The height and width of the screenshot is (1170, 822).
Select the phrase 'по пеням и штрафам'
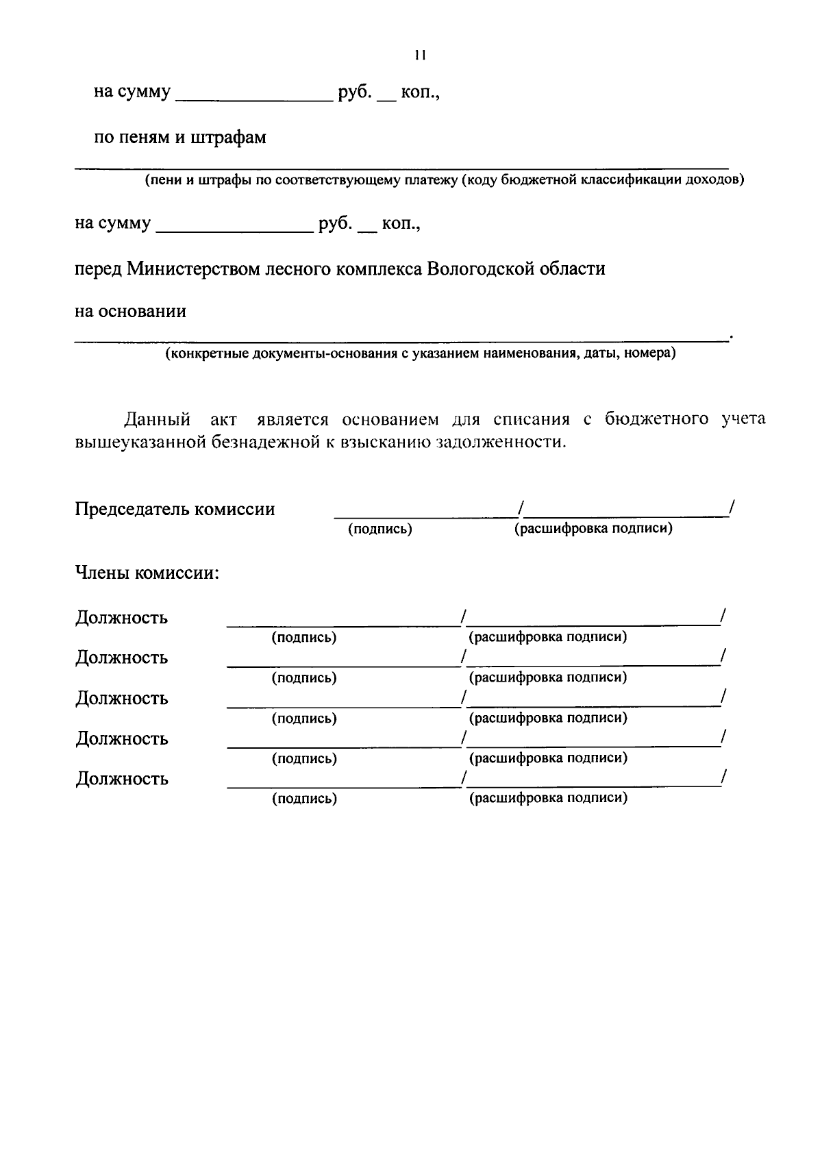click(180, 138)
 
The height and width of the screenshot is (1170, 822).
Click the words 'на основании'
click(130, 312)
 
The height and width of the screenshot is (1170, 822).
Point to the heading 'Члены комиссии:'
click(147, 573)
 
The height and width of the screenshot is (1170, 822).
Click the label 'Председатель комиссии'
click(175, 510)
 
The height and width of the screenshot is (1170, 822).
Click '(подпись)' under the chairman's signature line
click(380, 530)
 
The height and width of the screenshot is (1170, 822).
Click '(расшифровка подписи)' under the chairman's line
click(593, 529)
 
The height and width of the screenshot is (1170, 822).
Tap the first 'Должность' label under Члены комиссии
click(121, 618)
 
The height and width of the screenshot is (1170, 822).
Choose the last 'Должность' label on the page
click(121, 780)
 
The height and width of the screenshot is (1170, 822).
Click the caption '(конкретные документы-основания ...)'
click(419, 355)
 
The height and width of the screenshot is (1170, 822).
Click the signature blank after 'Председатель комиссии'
click(425, 510)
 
